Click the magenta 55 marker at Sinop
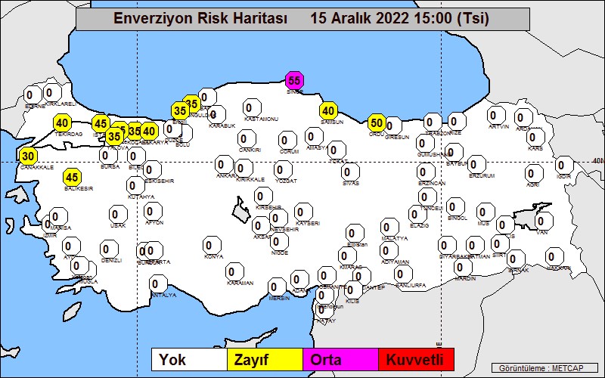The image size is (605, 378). (x=294, y=80)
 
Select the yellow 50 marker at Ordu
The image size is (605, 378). (x=377, y=122)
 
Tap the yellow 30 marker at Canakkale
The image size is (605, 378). (x=28, y=156)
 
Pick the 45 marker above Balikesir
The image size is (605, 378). (x=72, y=178)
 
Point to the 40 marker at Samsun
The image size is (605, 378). (x=328, y=110)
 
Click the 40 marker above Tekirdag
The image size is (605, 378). (x=62, y=122)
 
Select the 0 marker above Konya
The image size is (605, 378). (x=212, y=244)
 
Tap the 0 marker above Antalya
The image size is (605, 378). (x=157, y=284)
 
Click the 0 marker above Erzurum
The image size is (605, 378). (x=476, y=163)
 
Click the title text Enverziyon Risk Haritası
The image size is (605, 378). (x=200, y=19)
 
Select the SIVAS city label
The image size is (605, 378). (x=350, y=183)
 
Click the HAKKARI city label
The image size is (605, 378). (x=560, y=268)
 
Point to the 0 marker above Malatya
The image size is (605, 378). (x=389, y=226)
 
